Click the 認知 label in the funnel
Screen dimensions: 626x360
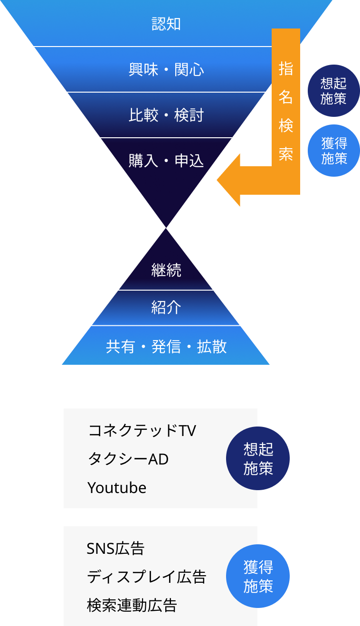pyautogui.click(x=166, y=24)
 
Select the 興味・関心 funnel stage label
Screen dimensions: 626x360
pyautogui.click(x=166, y=70)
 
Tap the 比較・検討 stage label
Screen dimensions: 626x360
pyautogui.click(x=166, y=115)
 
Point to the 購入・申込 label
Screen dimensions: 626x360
pyautogui.click(x=166, y=161)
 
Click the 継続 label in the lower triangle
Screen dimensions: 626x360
pyautogui.click(x=166, y=270)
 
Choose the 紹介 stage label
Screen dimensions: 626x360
pyautogui.click(x=166, y=308)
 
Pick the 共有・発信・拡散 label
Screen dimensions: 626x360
pyautogui.click(x=166, y=347)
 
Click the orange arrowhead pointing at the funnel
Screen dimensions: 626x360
pyautogui.click(x=230, y=180)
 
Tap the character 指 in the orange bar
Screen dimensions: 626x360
pyautogui.click(x=286, y=69)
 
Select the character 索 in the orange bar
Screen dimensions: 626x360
pyautogui.click(x=286, y=154)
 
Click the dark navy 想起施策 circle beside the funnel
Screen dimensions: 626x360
pyautogui.click(x=334, y=91)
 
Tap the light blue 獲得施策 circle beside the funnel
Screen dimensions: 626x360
pyautogui.click(x=334, y=151)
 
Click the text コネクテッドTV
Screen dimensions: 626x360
pyautogui.click(x=142, y=431)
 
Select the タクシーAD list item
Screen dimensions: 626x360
pyautogui.click(x=128, y=459)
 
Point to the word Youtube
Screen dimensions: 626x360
pyautogui.click(x=117, y=488)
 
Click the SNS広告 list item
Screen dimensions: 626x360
pyautogui.click(x=115, y=549)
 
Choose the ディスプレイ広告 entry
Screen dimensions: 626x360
pyautogui.click(x=146, y=577)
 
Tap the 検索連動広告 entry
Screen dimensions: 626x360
pyautogui.click(x=132, y=606)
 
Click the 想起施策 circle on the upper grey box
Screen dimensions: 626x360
pyautogui.click(x=258, y=458)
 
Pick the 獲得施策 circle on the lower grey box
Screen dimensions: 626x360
pyautogui.click(x=258, y=576)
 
